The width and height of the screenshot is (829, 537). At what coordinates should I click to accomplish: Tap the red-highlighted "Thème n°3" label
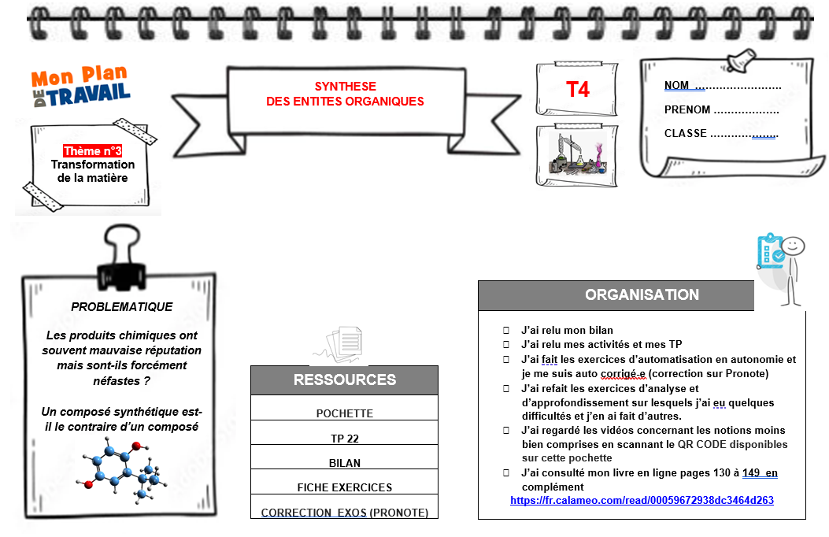[x=92, y=151]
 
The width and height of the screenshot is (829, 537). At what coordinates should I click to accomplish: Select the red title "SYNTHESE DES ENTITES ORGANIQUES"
[x=345, y=94]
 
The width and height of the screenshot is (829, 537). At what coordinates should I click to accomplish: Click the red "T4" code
[x=578, y=90]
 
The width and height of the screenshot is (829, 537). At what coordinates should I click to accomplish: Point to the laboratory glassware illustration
[x=578, y=155]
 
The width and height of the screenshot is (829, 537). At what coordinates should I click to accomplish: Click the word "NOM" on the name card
[x=676, y=86]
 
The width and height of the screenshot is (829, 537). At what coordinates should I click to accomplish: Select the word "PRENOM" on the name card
[x=687, y=110]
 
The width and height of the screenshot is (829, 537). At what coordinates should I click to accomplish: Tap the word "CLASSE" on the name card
[x=686, y=134]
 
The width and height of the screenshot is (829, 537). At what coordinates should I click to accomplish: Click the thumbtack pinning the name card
[x=740, y=60]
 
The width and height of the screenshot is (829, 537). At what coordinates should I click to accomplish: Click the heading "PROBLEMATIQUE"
[x=122, y=307]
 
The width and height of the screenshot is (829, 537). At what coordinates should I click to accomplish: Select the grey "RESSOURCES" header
[x=344, y=380]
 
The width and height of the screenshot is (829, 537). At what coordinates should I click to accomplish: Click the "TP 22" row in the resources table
[x=345, y=439]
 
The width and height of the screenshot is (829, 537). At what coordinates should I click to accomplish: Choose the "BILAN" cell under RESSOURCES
[x=345, y=463]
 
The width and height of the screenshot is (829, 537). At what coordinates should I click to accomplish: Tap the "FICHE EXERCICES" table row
[x=345, y=487]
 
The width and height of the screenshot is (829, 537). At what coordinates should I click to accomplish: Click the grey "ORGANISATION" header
[x=642, y=295]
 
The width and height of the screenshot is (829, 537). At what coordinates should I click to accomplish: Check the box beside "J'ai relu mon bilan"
[x=506, y=331]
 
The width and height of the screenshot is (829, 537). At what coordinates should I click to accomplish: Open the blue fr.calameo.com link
[x=642, y=500]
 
